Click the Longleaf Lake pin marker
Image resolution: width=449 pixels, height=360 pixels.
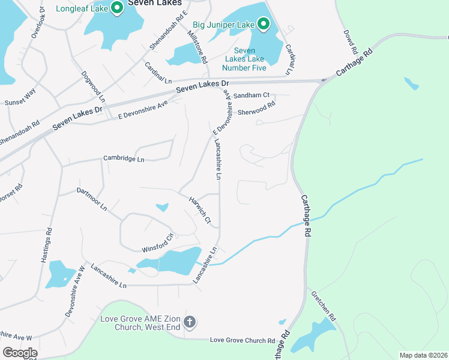click(118, 8)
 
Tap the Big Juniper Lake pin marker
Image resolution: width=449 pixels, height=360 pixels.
click(263, 25)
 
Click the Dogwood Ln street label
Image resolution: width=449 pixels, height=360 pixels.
click(93, 86)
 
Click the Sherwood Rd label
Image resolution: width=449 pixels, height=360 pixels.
click(256, 108)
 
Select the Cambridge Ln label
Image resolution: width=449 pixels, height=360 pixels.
click(124, 159)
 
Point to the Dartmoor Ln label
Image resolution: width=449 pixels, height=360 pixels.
click(92, 199)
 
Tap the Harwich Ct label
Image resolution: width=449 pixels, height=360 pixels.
click(200, 211)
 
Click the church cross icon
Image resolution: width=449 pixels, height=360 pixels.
click(190, 323)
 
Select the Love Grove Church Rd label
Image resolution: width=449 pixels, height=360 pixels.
click(242, 340)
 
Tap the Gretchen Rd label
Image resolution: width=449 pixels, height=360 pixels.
click(324, 306)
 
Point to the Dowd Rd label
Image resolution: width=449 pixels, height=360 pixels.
click(351, 40)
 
